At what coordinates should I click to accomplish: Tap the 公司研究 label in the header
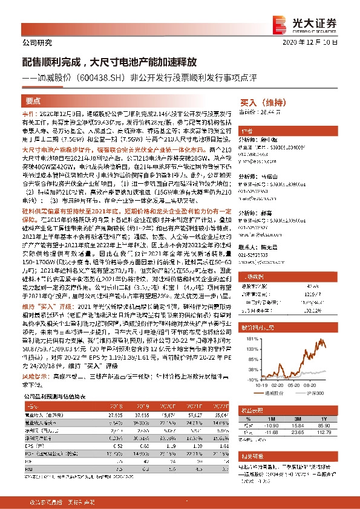click(x=37, y=43)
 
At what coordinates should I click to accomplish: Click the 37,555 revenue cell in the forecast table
click(x=144, y=398)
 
